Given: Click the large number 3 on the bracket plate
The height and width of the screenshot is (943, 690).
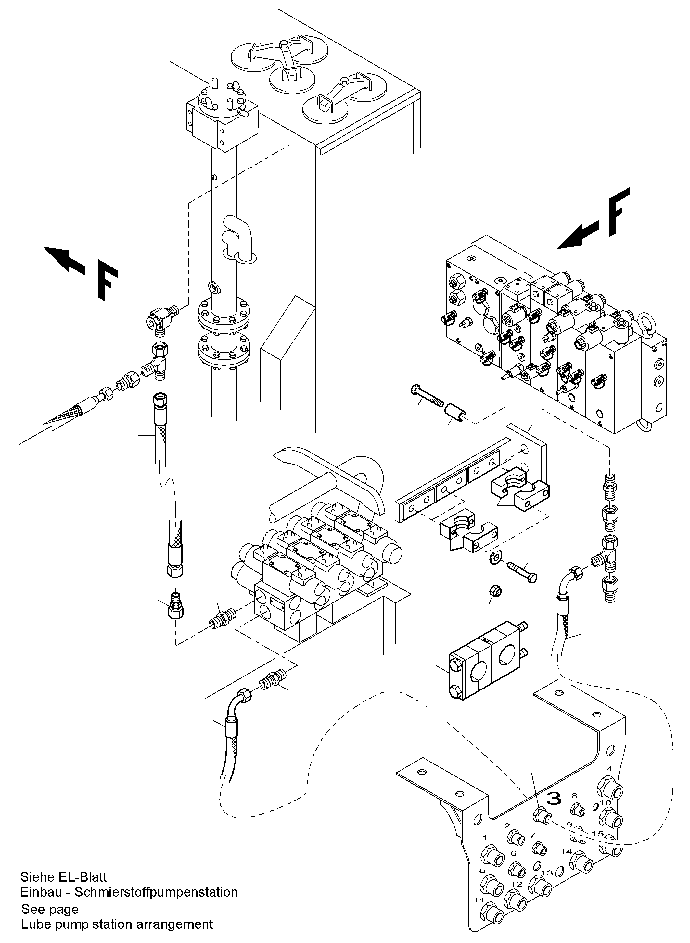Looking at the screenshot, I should [554, 798].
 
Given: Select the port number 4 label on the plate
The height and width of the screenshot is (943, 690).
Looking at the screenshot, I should [609, 769].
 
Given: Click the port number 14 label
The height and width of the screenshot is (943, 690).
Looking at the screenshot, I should [566, 851].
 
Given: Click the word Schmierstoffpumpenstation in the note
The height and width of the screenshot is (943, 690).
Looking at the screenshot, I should [156, 892].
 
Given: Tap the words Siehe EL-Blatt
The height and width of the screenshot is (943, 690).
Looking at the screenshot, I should [63, 877].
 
